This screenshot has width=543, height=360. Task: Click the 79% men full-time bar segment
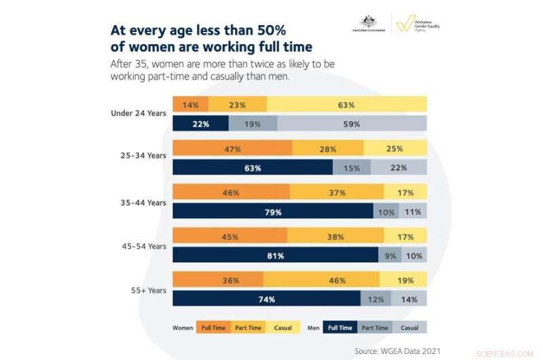click(273, 212)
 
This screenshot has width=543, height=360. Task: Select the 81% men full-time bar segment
click(275, 255)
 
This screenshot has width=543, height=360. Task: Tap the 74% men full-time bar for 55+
click(266, 299)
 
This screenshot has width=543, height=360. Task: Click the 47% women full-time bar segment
click(232, 148)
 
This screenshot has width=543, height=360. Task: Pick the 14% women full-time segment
click(190, 105)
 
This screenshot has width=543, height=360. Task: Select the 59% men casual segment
click(352, 124)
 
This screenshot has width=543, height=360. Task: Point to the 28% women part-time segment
click(328, 148)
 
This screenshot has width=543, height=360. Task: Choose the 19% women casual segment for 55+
click(403, 279)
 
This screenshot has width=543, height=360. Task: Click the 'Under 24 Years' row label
click(138, 113)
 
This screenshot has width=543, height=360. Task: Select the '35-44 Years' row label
click(143, 202)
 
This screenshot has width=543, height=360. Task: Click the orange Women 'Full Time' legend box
click(214, 327)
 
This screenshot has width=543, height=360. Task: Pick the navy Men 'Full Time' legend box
click(340, 327)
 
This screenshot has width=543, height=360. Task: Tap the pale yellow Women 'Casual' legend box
click(283, 327)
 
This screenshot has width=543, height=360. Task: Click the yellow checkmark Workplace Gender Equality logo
click(405, 24)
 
